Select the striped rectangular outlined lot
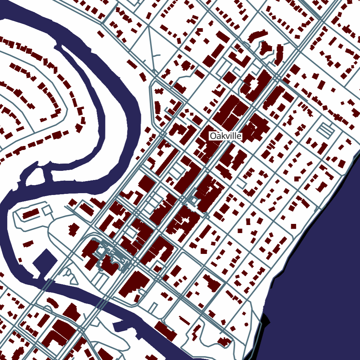click(x=325, y=129)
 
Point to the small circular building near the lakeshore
click(x=246, y=324)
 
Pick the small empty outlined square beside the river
click(x=47, y=210)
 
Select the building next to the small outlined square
click(x=31, y=213)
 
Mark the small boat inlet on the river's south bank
click(x=119, y=326)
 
